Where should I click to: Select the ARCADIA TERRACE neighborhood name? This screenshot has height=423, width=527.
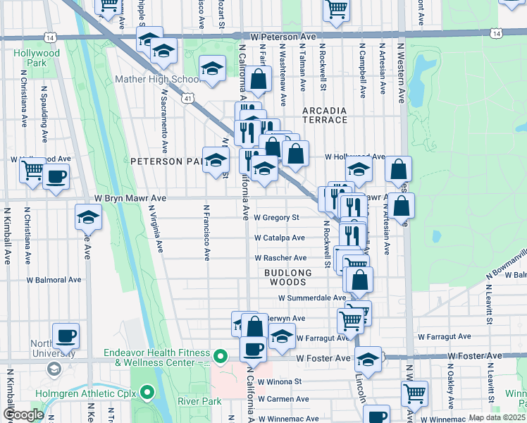(325, 115)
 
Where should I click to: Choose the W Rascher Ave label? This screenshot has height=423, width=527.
(280, 258)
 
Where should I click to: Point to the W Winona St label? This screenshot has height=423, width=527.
(280, 381)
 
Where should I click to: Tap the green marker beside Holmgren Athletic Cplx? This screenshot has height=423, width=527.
(147, 391)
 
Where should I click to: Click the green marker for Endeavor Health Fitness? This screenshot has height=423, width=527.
(221, 357)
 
